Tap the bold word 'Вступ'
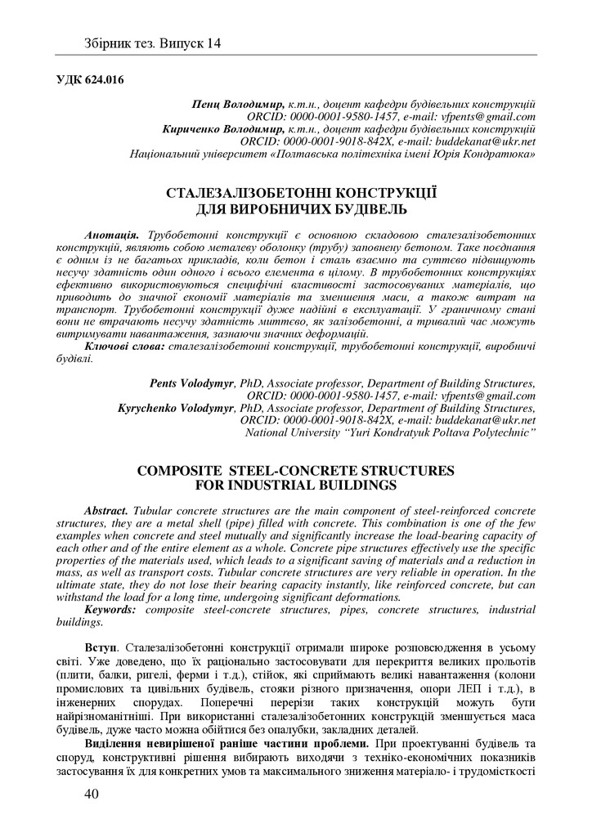click(x=102, y=648)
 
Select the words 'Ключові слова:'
click(x=124, y=347)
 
